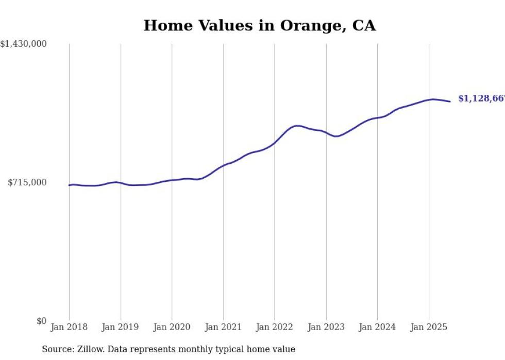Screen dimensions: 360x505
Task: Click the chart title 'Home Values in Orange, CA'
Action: (x=259, y=25)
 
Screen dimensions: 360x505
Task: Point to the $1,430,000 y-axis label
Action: (x=24, y=44)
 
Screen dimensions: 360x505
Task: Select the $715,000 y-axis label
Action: (x=27, y=182)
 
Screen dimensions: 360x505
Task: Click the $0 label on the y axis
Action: (x=41, y=321)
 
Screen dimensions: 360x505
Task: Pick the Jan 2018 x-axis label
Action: (x=69, y=327)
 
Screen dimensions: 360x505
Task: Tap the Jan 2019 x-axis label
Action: (x=121, y=327)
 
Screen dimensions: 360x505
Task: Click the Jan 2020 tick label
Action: (x=172, y=327)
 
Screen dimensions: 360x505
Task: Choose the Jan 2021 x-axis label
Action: (x=223, y=327)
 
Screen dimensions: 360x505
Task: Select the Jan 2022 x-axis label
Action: (x=275, y=327)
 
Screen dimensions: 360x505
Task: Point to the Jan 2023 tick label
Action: (x=326, y=327)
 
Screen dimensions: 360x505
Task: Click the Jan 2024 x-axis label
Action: (x=377, y=327)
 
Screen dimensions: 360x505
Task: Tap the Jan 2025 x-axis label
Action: (x=428, y=327)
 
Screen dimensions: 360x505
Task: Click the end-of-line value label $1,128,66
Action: (x=481, y=98)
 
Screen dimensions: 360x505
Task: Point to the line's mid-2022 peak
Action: (x=297, y=126)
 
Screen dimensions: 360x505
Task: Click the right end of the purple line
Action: (x=450, y=101)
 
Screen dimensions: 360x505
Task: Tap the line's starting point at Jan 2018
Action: (x=69, y=185)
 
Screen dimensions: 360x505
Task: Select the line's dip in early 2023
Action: (x=336, y=136)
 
